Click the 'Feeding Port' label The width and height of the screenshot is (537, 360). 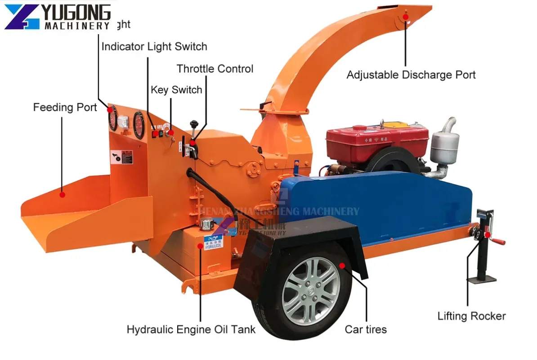coord(65,108)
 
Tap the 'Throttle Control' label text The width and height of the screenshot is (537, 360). coord(215,69)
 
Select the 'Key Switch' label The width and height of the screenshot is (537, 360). coord(176,90)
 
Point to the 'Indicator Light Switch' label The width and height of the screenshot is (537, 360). coord(154,46)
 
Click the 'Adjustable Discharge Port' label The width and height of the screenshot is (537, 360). coord(411,75)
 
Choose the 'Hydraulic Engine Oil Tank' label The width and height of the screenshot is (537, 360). coord(191,329)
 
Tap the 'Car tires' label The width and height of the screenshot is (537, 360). coord(365,329)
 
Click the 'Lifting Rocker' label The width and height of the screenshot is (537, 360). coord(471,316)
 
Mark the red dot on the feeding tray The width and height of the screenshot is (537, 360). coord(63,195)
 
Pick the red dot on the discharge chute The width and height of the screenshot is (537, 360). coord(405,17)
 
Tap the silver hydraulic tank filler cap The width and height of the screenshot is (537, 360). coord(206,223)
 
